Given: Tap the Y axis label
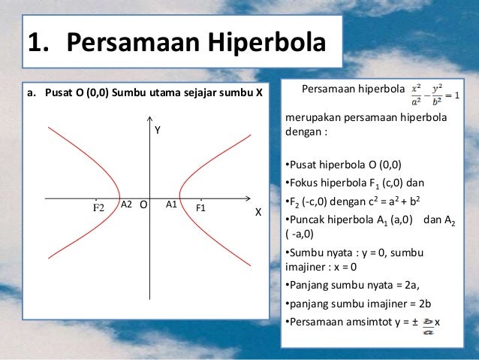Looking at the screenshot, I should [x=158, y=131].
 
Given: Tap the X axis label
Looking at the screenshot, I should [x=258, y=213].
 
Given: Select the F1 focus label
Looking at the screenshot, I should [x=200, y=206].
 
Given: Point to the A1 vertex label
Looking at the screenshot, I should [x=171, y=204].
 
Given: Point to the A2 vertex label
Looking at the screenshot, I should [x=126, y=204].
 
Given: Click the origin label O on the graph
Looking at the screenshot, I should [x=143, y=204].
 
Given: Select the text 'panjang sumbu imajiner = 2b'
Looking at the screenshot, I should [x=348, y=304].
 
